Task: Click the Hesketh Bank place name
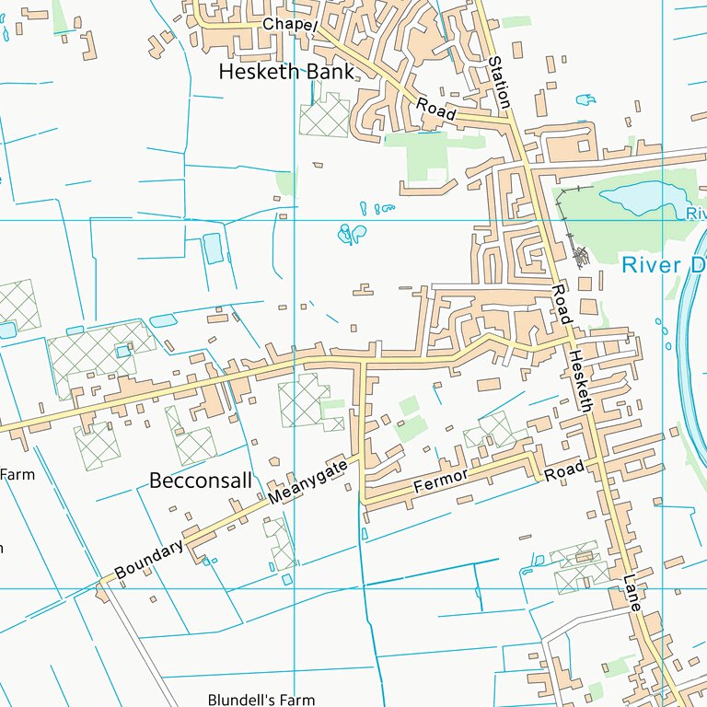[285, 72]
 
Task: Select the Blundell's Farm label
[261, 700]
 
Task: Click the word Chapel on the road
[289, 24]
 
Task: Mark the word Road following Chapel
[435, 108]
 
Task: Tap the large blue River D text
[662, 265]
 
